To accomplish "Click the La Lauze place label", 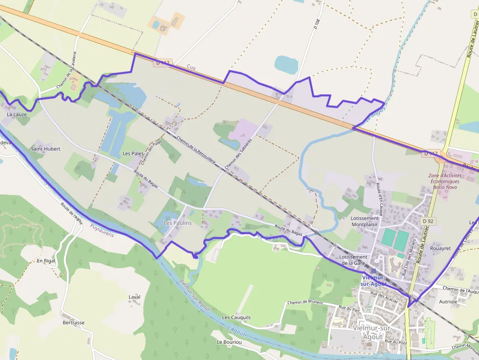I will pos(17,114).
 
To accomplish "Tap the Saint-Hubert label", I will pos(45,149).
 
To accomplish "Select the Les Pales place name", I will pos(133,154).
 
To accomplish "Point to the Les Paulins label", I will pos(177,223).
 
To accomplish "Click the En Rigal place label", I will pos(46,261).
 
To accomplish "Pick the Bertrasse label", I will pos(73,323).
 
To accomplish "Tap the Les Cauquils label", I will pos(236,318).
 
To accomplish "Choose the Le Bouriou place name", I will pos(229,342).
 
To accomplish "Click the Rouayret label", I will pos(441,248).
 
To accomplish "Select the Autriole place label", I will pos(448,302).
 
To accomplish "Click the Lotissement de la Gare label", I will pos(353,260).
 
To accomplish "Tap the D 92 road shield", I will pos(428,221).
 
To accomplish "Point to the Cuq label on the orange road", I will pos(191,67).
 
